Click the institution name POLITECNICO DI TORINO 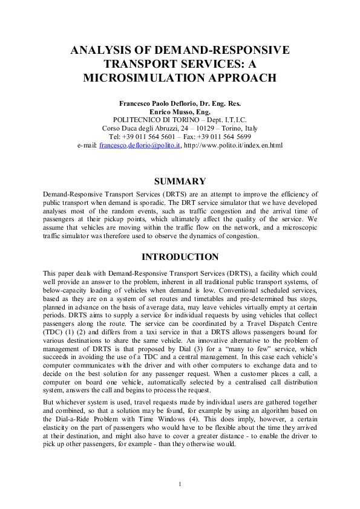pyautogui.click(x=159, y=120)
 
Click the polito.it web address pyautogui.click(x=233, y=145)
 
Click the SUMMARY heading pyautogui.click(x=180, y=181)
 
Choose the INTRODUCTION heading pyautogui.click(x=180, y=257)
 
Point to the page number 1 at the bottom pyautogui.click(x=180, y=483)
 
